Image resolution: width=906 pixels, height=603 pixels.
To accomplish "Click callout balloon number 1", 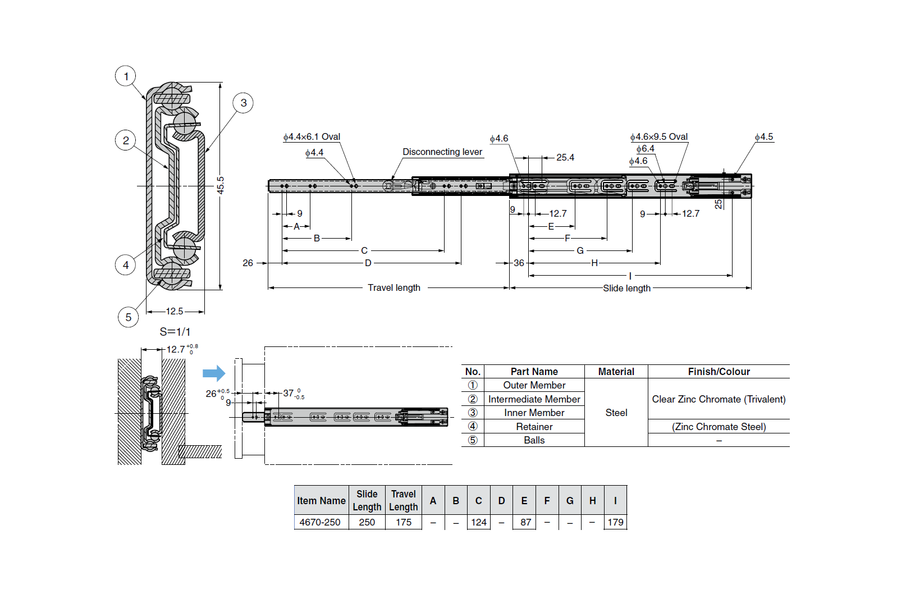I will tap(126, 76).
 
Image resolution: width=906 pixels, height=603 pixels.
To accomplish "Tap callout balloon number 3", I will tap(243, 103).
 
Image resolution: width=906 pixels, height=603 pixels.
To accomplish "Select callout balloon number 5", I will tap(128, 317).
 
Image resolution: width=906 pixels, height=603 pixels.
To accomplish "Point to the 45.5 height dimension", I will tap(221, 185).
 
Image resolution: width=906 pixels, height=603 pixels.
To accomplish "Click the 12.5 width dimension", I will tap(174, 311).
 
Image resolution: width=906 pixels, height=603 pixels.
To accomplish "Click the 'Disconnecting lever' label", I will tap(442, 152).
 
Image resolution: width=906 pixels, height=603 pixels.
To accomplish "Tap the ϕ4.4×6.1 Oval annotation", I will tap(312, 136).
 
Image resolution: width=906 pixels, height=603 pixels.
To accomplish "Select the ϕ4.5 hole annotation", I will tap(763, 136).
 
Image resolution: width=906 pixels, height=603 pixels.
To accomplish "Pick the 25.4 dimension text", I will tap(565, 157).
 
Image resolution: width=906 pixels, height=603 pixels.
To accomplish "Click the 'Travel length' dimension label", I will tap(393, 287).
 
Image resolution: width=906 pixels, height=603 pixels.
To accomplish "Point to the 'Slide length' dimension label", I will tap(626, 288).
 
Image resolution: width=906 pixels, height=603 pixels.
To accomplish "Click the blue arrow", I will tap(213, 373).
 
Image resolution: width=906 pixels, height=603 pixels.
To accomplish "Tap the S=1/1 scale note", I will tap(175, 332).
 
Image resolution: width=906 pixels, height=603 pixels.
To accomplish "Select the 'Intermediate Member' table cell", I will tap(534, 399).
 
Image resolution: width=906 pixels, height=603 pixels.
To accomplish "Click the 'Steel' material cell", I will tap(616, 413).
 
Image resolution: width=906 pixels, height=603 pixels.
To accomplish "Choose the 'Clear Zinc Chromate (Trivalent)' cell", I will tap(719, 399).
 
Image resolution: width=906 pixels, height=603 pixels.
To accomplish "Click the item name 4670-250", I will tap(320, 522).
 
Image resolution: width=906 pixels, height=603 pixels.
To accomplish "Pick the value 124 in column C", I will tap(478, 522).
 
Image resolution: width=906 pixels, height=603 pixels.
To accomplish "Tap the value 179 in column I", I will tap(615, 522).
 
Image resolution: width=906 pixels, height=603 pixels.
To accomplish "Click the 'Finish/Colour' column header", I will tap(719, 372).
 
